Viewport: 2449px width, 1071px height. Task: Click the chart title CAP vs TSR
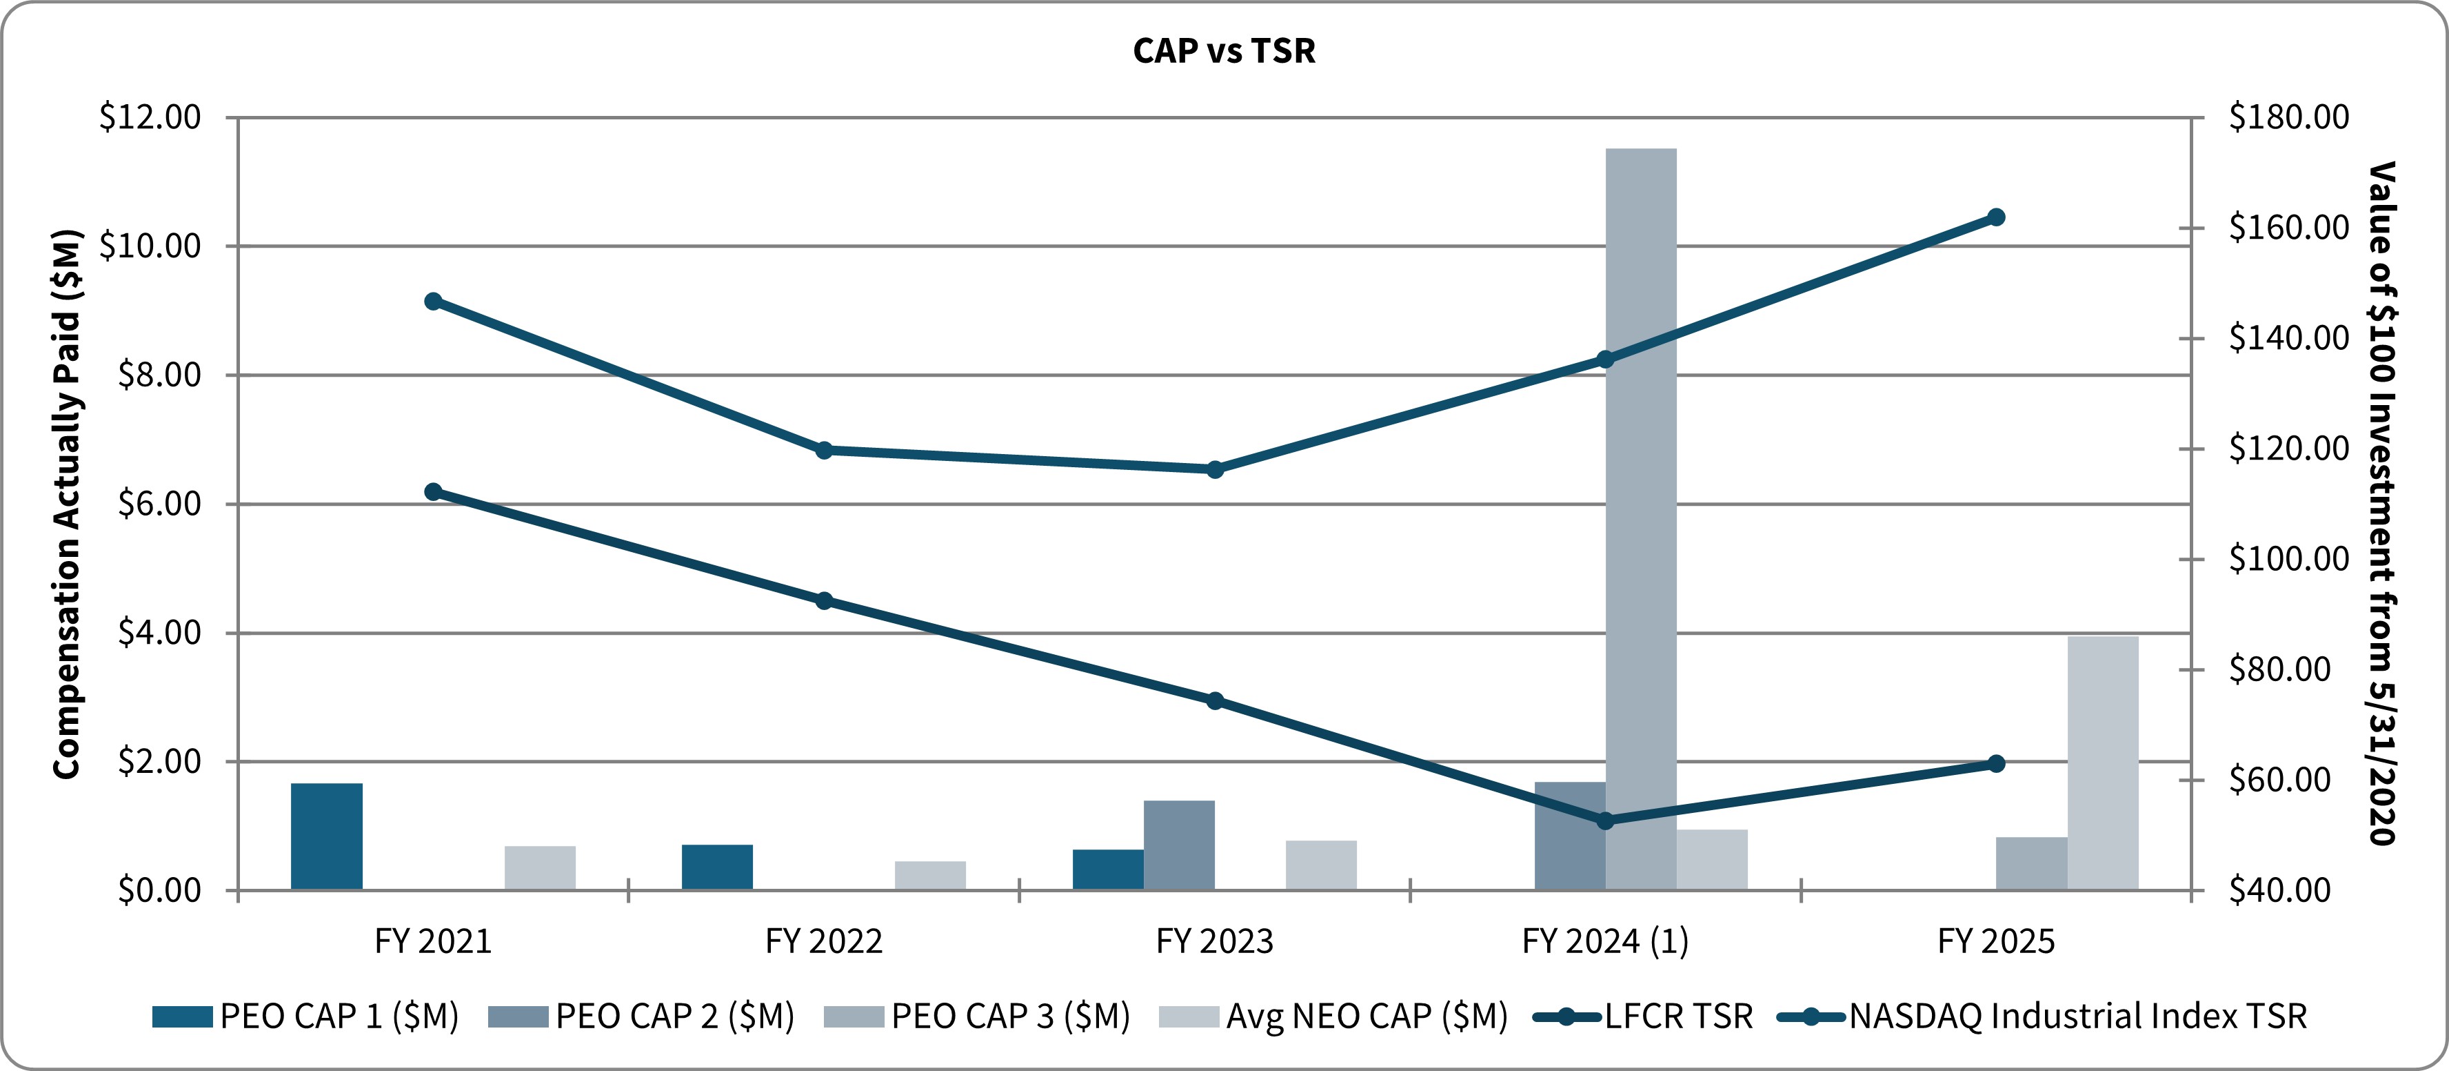(1224, 50)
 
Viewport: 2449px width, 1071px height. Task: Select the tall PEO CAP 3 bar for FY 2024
(1641, 518)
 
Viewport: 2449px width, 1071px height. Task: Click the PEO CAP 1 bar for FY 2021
(326, 836)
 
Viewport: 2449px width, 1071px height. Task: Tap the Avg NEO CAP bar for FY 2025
(2103, 763)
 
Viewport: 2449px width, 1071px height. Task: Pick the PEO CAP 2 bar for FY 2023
(1179, 845)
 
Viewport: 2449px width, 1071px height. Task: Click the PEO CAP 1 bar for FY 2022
(717, 867)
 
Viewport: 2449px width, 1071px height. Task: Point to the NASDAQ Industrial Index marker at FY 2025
(1997, 217)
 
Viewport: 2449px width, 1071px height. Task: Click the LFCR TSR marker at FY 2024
(1606, 820)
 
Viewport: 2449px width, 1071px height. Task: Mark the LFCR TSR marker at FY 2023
(1214, 700)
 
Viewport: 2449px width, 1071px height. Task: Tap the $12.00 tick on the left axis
(150, 117)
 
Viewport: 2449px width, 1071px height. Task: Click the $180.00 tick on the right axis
(2288, 117)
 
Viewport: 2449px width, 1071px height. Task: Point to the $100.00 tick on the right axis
(2288, 558)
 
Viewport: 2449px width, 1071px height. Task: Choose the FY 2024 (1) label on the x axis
(1605, 941)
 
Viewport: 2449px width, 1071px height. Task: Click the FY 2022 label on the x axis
(823, 941)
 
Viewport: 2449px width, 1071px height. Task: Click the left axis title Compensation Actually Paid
(67, 504)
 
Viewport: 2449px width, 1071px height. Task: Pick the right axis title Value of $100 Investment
(2381, 504)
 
